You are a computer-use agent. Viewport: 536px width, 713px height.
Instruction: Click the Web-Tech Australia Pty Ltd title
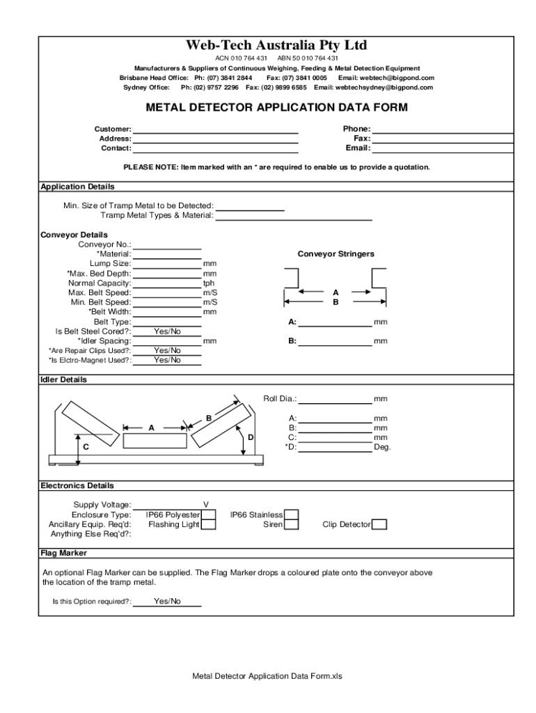276,45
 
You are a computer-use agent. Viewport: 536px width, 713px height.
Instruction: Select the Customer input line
215,129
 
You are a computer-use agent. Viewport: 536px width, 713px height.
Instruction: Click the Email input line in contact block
443,148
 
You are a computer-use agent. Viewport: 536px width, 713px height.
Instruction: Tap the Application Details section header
77,187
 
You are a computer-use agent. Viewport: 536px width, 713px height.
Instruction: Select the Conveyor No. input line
167,244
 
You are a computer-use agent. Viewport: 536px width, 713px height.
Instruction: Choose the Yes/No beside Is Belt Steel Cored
167,331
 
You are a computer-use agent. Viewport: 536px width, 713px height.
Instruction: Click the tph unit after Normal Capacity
209,283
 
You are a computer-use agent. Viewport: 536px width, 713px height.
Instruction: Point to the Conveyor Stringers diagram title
336,254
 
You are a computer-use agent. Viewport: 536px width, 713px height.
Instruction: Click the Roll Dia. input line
335,399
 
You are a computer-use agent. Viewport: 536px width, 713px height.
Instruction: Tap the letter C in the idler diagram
86,446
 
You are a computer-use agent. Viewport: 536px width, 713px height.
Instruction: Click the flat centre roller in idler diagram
155,441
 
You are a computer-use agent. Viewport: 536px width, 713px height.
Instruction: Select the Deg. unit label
382,447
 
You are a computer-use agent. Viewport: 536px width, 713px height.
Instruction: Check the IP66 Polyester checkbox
208,515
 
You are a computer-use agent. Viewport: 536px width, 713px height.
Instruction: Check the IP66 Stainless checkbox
292,515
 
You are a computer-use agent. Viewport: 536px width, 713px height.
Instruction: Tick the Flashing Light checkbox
208,524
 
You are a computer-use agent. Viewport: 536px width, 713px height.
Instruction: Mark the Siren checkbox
292,524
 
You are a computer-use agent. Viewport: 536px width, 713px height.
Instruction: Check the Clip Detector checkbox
379,524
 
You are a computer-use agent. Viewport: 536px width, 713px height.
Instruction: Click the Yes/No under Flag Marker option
167,601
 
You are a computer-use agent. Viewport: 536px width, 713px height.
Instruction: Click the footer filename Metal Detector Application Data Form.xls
268,676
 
